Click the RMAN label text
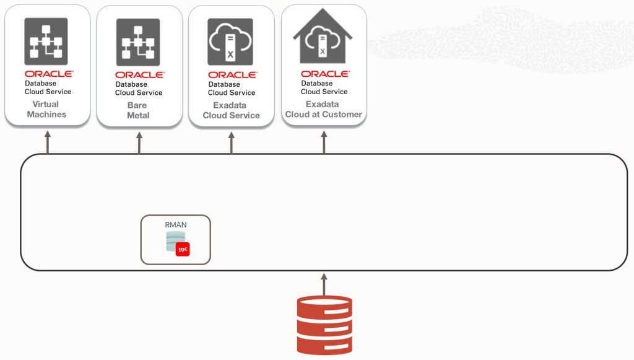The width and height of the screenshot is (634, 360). tap(175, 225)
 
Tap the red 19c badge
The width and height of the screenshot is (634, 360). tap(182, 249)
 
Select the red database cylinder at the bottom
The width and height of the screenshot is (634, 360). tap(324, 325)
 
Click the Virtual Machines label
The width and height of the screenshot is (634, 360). tap(46, 110)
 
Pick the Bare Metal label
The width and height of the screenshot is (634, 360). tap(139, 110)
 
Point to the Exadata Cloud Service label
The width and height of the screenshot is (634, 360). tap(231, 110)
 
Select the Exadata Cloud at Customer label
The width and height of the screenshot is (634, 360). tap(323, 110)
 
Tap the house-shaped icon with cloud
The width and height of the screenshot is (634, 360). tap(323, 38)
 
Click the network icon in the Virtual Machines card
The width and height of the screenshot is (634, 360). tap(46, 42)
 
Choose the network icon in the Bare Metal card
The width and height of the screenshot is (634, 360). tap(138, 42)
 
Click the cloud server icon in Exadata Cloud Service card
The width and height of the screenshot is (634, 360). tap(230, 42)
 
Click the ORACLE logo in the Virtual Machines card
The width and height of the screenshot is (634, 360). tap(49, 73)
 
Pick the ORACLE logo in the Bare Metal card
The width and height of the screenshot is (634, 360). tap(139, 74)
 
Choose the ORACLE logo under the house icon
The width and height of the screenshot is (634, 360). tap(325, 74)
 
